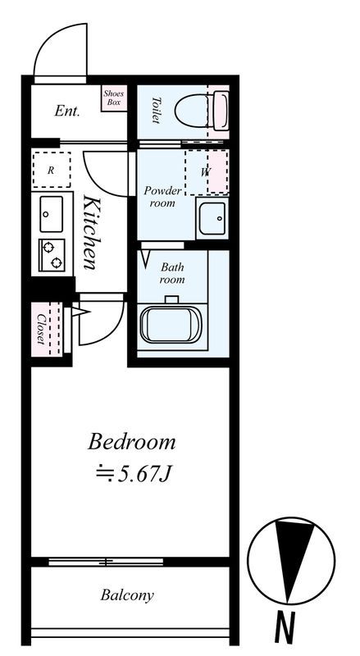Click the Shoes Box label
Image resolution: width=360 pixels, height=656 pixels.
tap(113, 98)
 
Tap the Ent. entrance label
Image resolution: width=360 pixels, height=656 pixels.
tap(67, 112)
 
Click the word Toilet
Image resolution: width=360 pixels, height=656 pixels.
tap(156, 111)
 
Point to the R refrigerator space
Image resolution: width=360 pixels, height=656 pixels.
tap(51, 170)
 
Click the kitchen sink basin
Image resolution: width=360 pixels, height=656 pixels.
tap(52, 214)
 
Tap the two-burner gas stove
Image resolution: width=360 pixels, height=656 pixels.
tap(52, 255)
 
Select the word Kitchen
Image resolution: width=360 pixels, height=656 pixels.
tap(92, 232)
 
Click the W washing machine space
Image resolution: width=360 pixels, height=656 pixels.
tap(206, 172)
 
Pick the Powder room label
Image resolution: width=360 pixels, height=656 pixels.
tap(162, 197)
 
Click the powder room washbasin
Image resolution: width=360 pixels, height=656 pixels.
tap(212, 218)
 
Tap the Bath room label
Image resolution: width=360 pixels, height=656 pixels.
tap(172, 273)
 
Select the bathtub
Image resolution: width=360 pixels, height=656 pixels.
tap(171, 324)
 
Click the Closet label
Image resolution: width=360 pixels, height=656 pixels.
tap(41, 330)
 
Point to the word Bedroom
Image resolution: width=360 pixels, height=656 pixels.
tap(131, 443)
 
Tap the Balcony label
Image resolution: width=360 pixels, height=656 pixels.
tap(127, 595)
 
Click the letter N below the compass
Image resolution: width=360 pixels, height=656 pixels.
tap(285, 627)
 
